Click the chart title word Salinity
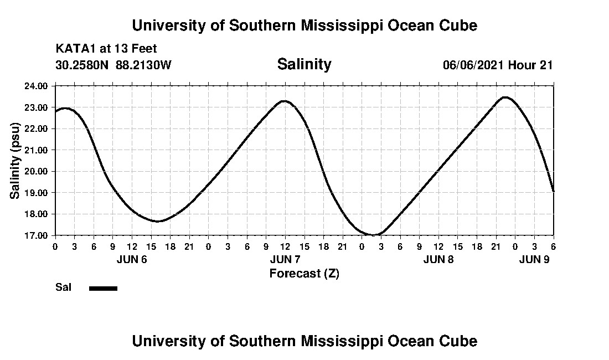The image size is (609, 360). coord(304,64)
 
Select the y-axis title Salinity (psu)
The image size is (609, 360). coord(15,161)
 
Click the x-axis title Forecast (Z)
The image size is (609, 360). coord(304,274)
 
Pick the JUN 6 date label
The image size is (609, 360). coord(132,259)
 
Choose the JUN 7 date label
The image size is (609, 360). coord(285,259)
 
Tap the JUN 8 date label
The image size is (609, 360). coord(438,259)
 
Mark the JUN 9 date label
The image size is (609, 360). coord(534,259)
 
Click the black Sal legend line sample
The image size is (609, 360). coord(103,288)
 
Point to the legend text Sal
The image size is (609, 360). coord(63,287)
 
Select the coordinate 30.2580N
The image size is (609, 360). coord(83,65)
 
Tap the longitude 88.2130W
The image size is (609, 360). coord(144,65)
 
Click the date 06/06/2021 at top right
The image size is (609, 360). coord(473,65)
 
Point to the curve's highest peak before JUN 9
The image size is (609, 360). coord(505,97)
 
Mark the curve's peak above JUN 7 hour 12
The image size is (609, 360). coord(284,101)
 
